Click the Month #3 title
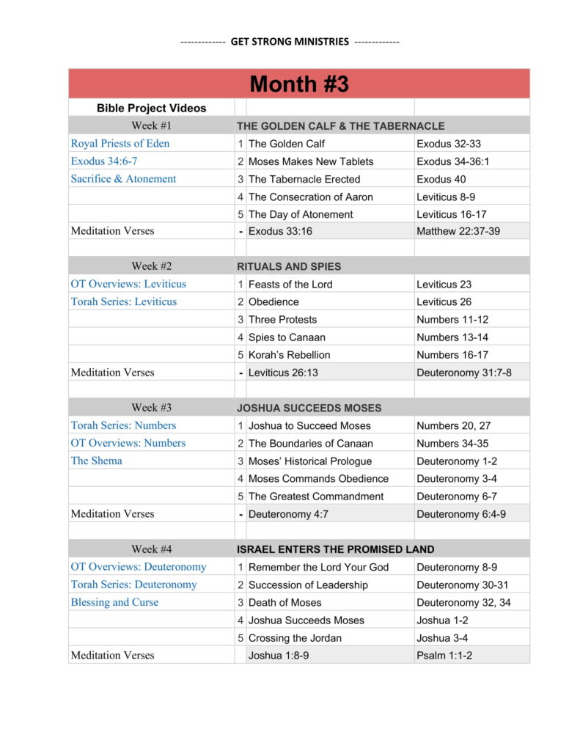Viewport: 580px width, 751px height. point(299,84)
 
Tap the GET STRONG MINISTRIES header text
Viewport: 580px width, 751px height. point(290,42)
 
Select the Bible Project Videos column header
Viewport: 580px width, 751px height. point(151,108)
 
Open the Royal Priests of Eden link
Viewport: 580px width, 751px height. point(120,144)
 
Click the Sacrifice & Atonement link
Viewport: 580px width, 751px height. point(123,179)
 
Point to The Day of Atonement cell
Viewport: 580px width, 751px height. point(301,214)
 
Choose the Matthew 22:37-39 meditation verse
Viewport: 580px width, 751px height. point(458,231)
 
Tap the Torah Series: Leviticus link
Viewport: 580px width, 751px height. point(123,301)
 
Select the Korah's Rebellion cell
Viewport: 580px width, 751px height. point(289,355)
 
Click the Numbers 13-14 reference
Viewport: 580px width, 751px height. point(452,337)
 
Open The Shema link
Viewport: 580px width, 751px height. point(96,461)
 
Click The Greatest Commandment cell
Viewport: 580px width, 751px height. point(315,497)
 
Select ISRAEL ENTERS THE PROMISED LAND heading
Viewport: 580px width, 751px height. point(335,549)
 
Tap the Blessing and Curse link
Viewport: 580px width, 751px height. point(114,602)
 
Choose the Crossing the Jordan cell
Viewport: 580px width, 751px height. point(295,638)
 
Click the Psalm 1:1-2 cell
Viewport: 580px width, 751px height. point(444,656)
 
